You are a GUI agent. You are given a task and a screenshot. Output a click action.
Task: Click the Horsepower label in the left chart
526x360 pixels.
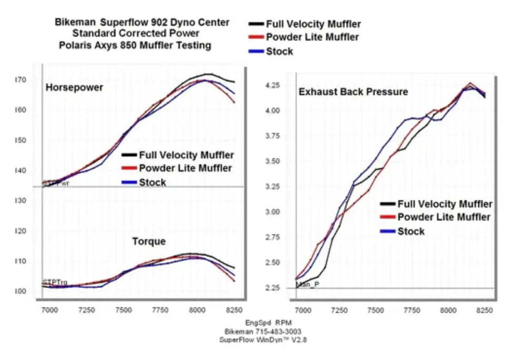[74, 88]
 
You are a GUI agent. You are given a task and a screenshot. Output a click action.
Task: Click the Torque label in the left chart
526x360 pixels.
[149, 241]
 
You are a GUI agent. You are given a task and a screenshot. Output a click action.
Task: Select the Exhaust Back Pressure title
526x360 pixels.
[353, 92]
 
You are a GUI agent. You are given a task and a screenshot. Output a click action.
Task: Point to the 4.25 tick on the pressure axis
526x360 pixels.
[274, 86]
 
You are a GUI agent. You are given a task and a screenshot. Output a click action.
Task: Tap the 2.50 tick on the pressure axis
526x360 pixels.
[274, 262]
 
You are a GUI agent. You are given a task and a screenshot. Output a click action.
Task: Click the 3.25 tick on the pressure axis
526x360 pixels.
[274, 187]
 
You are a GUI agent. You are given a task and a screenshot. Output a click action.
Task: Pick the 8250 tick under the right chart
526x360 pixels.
[484, 311]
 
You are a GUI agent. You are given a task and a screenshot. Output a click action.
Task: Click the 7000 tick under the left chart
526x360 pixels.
[49, 311]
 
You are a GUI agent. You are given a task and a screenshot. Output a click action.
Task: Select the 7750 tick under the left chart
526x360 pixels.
[160, 311]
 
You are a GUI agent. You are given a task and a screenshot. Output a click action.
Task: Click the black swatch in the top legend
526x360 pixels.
[256, 24]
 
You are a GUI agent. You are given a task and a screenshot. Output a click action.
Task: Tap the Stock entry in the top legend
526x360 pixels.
[279, 52]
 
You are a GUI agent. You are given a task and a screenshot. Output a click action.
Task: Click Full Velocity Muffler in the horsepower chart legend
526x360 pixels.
[186, 155]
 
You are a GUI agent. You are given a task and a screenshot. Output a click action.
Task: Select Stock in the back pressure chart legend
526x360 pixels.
[411, 231]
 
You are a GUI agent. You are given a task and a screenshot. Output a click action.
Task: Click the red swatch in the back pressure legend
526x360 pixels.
[387, 218]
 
